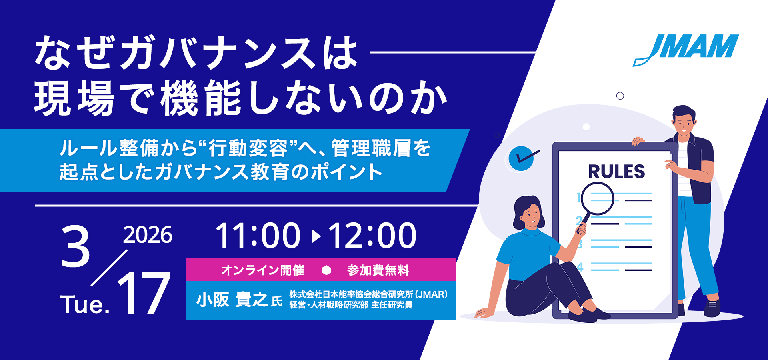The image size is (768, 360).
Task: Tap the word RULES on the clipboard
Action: [616, 172]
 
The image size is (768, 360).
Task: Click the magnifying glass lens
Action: [598, 198]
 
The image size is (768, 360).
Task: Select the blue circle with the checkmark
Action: [521, 158]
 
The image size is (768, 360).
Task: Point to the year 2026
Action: [148, 235]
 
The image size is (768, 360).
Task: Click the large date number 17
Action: [144, 293]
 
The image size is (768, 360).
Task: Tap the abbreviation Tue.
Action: [84, 305]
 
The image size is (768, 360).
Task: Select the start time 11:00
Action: [258, 236]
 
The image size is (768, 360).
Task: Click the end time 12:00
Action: [372, 236]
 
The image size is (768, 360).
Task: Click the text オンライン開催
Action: [262, 270]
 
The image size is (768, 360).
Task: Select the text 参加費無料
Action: [378, 270]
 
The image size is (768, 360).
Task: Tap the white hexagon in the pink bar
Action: [326, 270]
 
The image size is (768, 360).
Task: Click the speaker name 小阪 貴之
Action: [232, 300]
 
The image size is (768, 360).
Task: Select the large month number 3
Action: [75, 246]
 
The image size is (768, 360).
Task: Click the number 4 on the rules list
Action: [580, 267]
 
